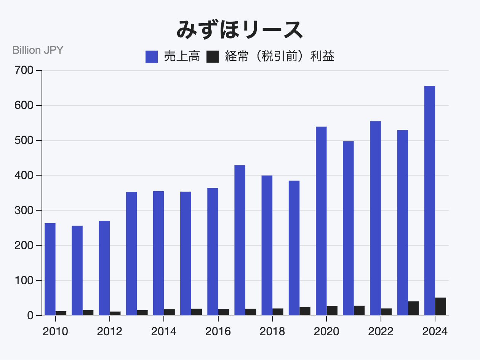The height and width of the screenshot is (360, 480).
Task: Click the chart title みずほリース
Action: pos(240,30)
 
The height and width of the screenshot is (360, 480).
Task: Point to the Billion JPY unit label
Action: pos(38,50)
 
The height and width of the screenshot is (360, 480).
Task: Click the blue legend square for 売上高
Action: pos(151,57)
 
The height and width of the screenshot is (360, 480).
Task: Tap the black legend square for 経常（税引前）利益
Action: pos(212,57)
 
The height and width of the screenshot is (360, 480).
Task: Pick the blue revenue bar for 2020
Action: pos(321,221)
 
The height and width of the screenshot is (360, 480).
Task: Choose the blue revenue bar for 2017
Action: pos(240,240)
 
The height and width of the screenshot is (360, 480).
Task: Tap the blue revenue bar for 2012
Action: pos(104,268)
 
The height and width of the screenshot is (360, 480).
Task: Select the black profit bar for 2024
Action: pos(441,307)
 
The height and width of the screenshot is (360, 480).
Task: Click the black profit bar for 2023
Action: pos(413,309)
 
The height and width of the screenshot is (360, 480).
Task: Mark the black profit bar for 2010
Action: pos(61,313)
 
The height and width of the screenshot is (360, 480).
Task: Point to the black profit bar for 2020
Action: pos(332,311)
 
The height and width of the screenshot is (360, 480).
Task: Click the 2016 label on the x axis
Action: pos(218,332)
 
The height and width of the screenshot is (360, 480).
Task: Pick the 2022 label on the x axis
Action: pos(381,332)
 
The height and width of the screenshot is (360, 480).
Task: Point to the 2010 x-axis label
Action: pos(55,332)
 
